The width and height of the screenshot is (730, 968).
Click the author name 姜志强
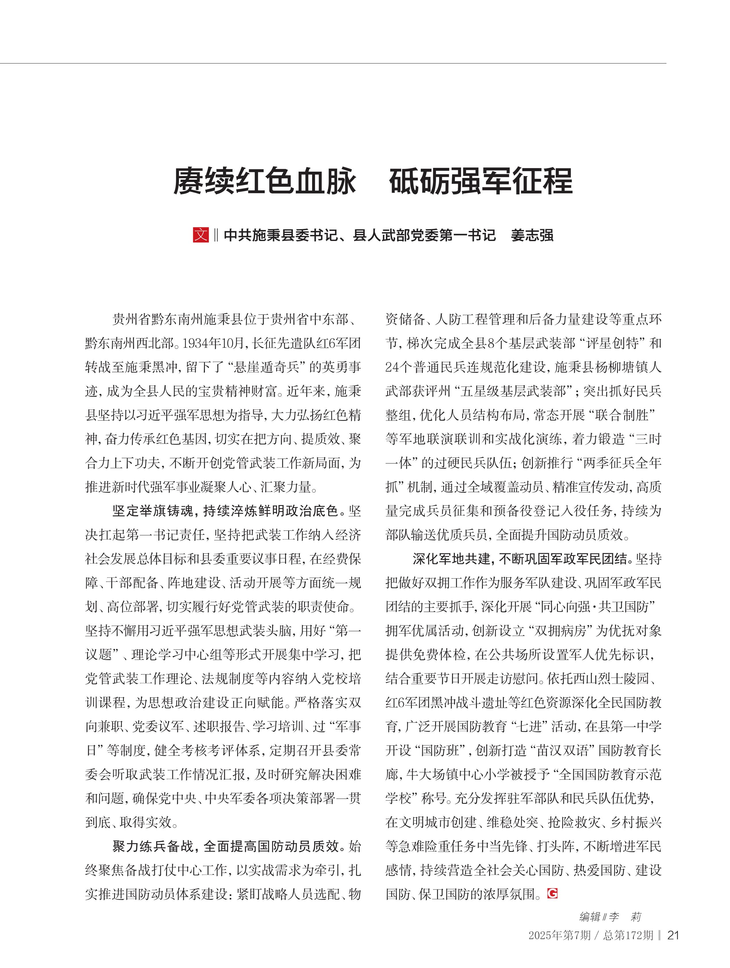click(532, 235)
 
